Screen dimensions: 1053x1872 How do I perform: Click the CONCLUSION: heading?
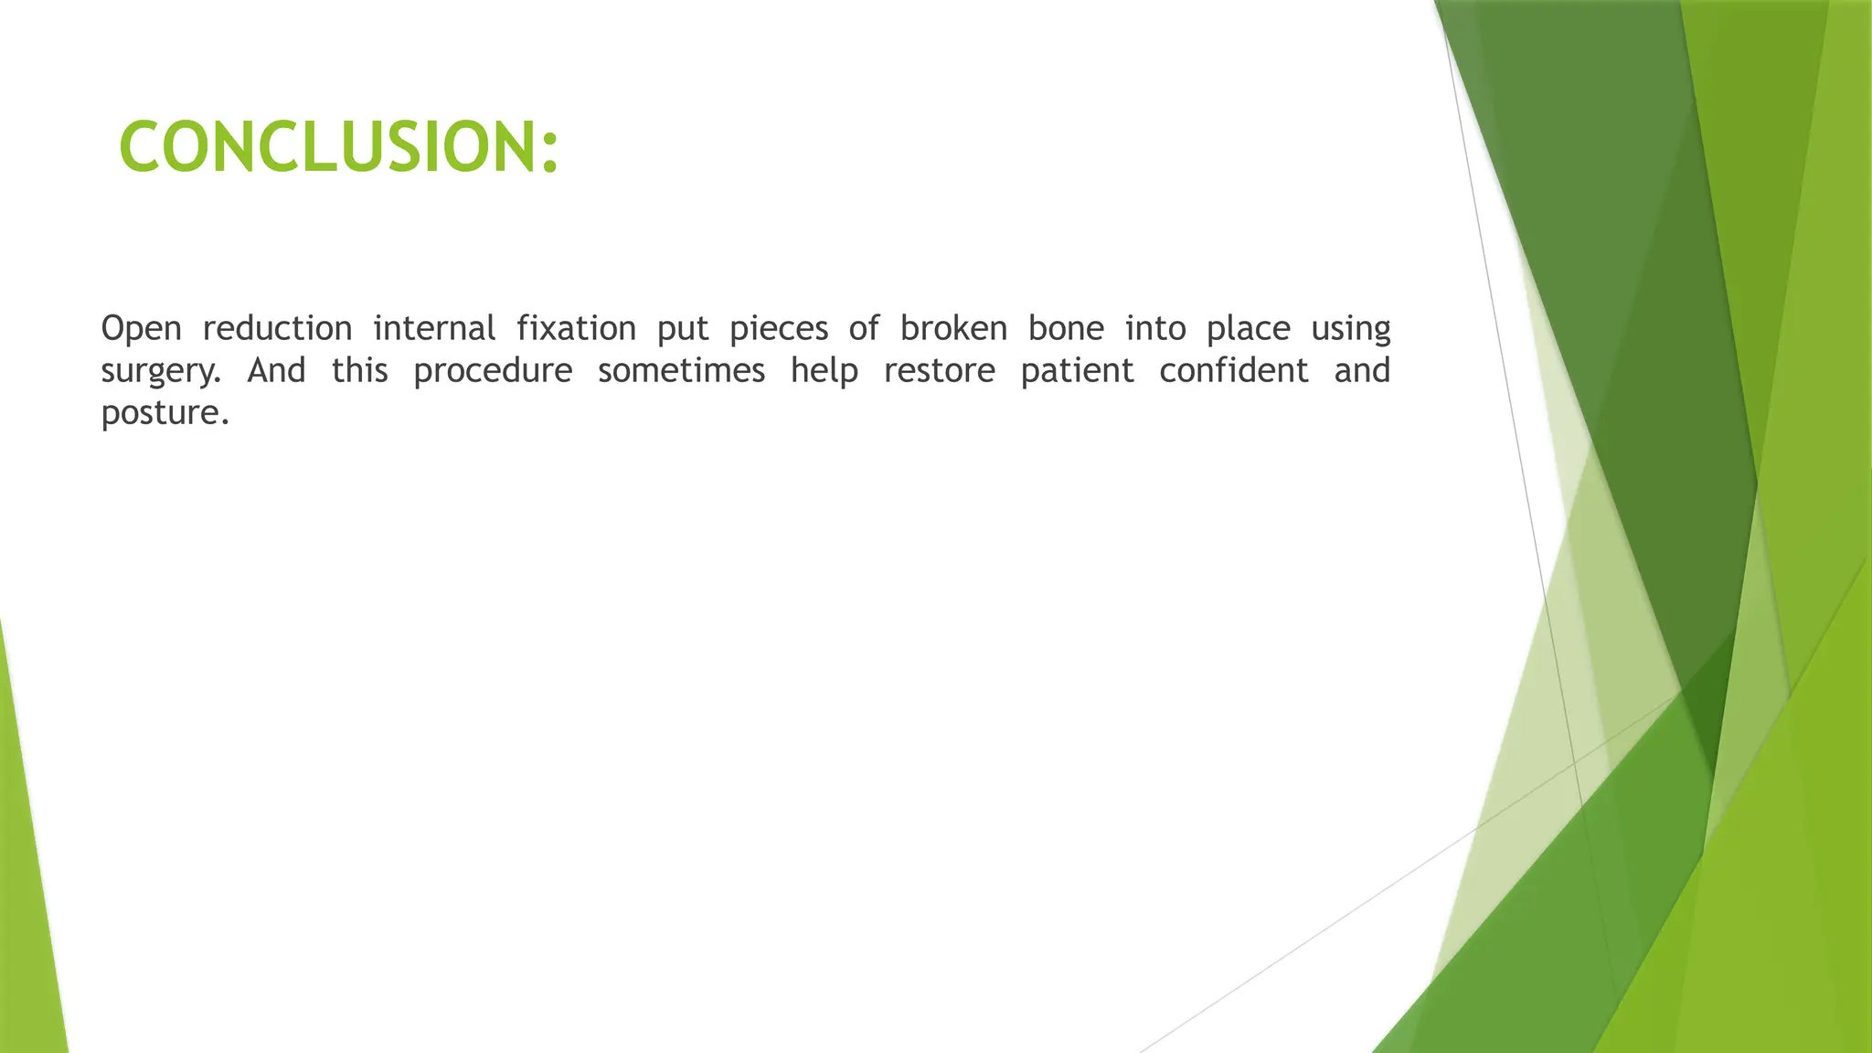(338, 147)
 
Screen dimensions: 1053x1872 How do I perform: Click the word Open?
(141, 328)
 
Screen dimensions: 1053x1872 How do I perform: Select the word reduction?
(277, 328)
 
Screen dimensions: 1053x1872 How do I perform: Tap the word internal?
(434, 328)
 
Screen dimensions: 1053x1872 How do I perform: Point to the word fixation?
(576, 328)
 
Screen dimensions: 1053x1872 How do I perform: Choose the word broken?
(952, 328)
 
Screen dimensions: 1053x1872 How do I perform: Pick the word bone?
(1066, 328)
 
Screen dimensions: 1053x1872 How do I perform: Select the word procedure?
(493, 372)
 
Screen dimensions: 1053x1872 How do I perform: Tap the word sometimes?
(681, 370)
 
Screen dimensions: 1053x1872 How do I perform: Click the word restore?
(939, 370)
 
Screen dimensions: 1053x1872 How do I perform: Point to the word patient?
(1077, 372)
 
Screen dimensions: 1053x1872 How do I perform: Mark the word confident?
(1234, 370)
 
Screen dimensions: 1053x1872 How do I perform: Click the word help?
(824, 372)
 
